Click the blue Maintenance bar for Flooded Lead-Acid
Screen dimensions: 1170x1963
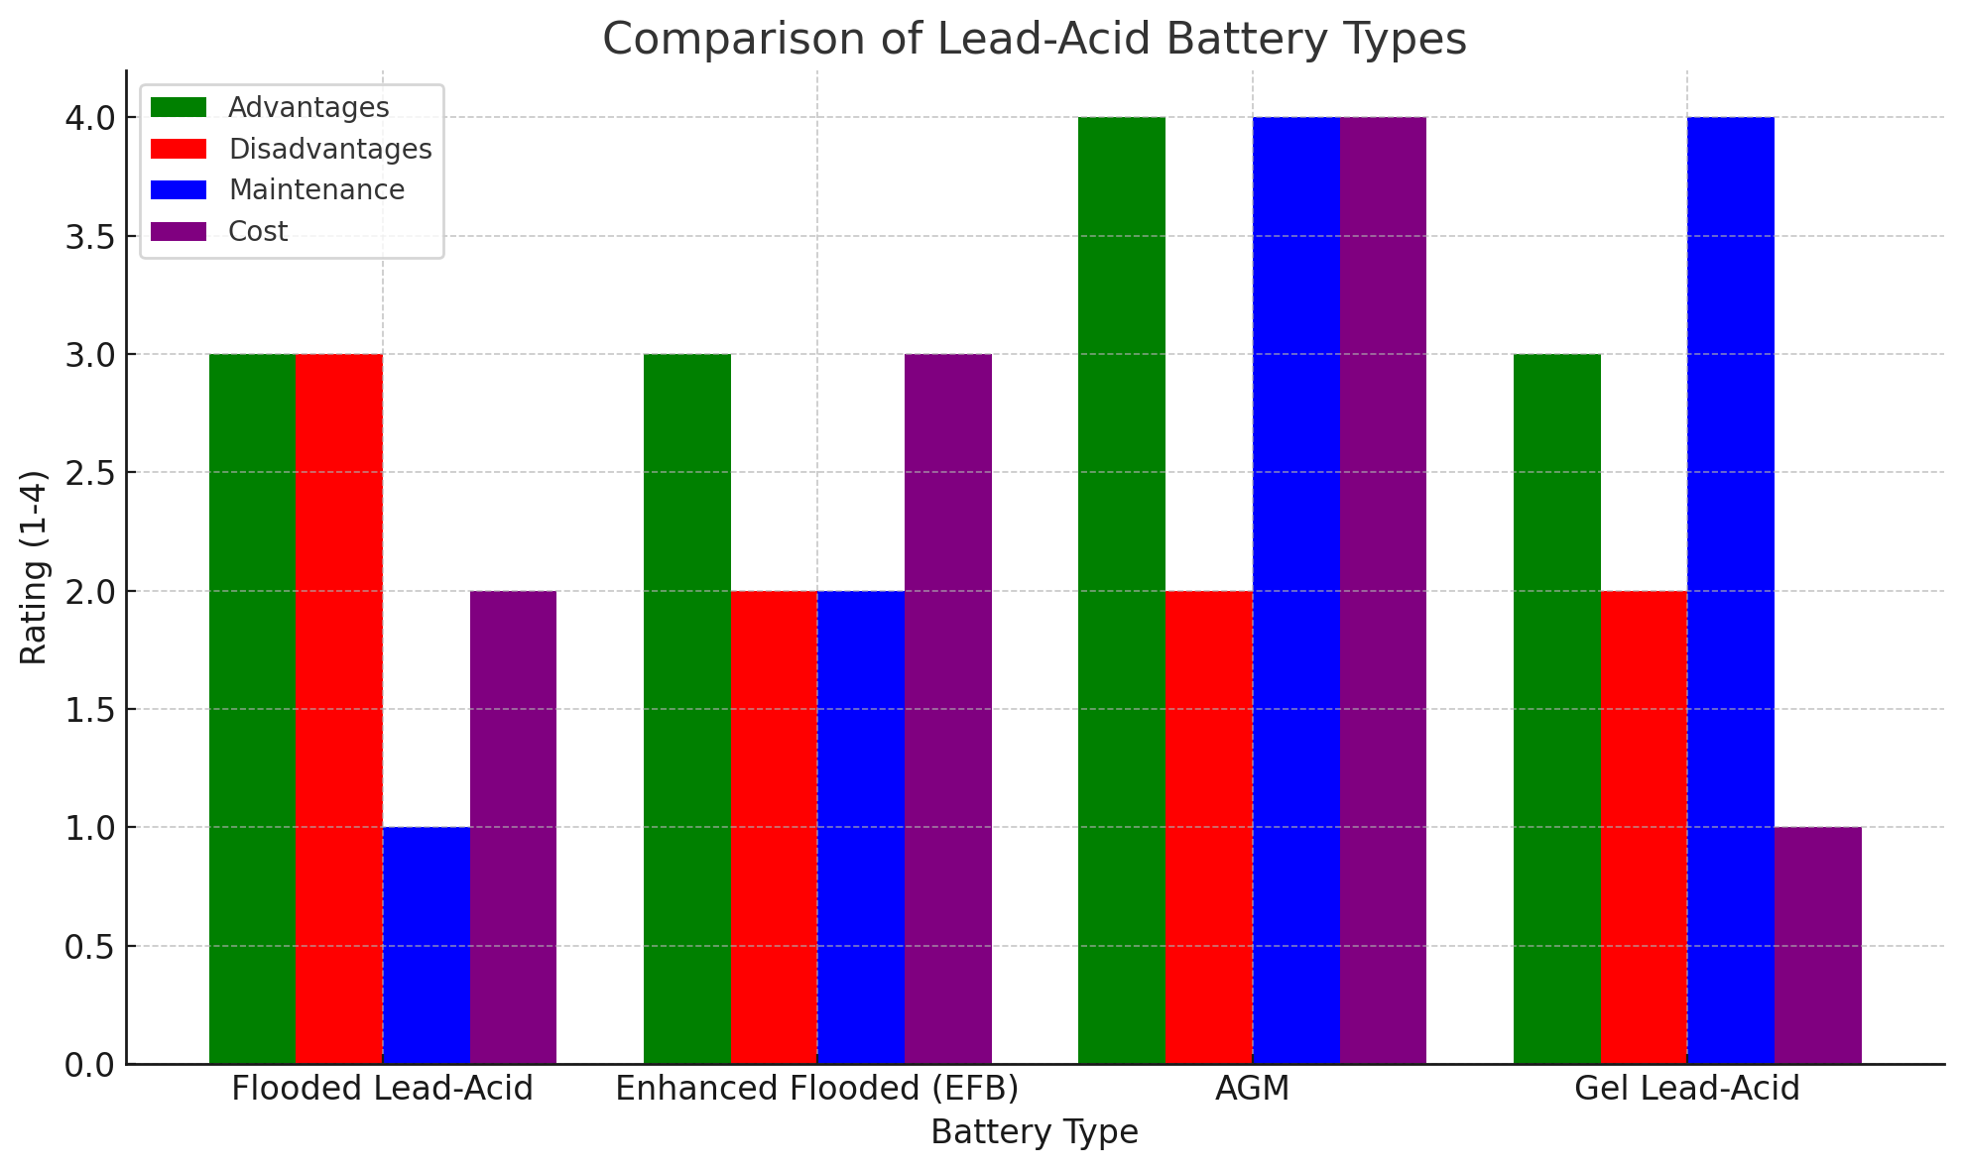coord(427,946)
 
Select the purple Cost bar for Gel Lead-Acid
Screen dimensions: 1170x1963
coord(1817,946)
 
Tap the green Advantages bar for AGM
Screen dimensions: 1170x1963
coord(1122,591)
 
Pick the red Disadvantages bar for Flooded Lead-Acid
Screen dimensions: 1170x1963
coord(339,709)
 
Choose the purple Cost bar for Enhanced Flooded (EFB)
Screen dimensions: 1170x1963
coord(947,709)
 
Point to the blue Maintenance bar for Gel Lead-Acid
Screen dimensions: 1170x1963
coord(1731,591)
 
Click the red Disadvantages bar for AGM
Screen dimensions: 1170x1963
coord(1209,827)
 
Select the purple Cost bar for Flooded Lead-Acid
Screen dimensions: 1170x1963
coord(513,827)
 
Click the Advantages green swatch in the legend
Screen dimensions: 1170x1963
coord(179,107)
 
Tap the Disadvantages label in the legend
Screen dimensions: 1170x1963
coord(329,149)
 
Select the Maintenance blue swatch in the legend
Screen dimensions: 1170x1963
coord(179,190)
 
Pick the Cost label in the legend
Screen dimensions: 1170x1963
coord(258,232)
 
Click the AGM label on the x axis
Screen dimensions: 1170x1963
coord(1252,1089)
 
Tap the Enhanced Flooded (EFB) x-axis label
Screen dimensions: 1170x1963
coord(817,1089)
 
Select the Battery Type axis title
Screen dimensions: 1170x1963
coord(1035,1132)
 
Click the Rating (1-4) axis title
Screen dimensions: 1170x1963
coord(34,567)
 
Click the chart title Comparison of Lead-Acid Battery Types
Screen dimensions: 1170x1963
coord(1035,40)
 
